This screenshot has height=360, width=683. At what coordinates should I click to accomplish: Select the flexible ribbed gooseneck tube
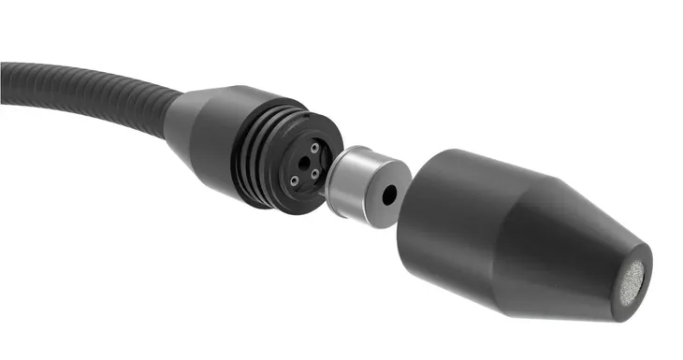click(x=94, y=89)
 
